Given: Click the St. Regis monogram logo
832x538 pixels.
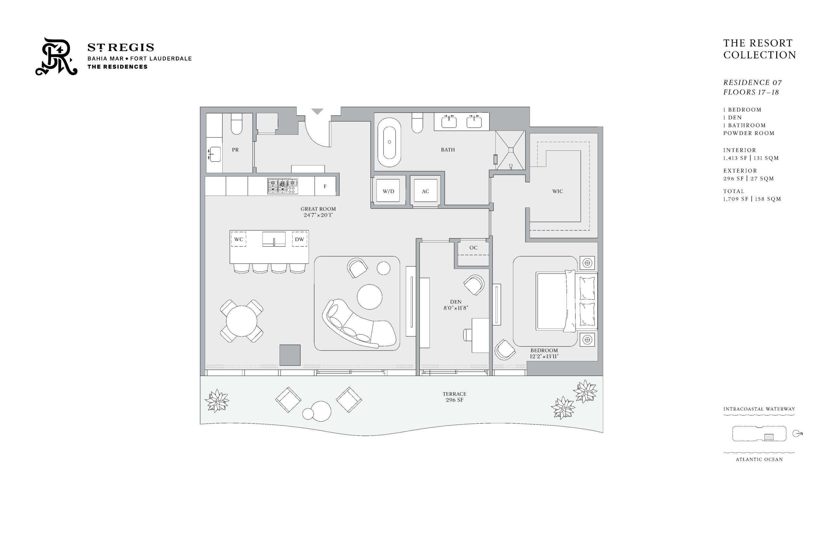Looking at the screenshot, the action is click(x=56, y=56).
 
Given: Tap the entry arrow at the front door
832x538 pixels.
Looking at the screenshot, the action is click(x=317, y=111).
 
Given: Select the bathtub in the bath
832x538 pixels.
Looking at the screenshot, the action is click(x=389, y=142).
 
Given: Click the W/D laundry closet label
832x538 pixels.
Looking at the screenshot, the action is click(x=388, y=191).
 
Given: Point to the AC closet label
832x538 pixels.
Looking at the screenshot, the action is click(x=425, y=191).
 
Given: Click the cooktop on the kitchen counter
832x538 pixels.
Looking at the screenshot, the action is click(x=283, y=186).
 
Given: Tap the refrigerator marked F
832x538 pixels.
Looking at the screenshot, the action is click(x=325, y=186).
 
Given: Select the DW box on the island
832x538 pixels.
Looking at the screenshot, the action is click(x=299, y=239).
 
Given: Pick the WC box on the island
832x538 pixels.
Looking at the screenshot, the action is click(x=239, y=239).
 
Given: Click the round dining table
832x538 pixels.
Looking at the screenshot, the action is click(x=241, y=321).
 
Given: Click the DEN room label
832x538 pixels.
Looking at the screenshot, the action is click(x=456, y=301).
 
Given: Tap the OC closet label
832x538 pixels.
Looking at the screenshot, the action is click(x=474, y=248).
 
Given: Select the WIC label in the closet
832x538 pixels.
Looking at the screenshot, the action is click(x=558, y=191).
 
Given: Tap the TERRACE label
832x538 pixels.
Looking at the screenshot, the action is click(x=454, y=394).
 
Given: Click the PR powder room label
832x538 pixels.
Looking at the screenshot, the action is click(x=235, y=149).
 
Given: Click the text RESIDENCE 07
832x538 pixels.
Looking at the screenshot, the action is click(x=752, y=83).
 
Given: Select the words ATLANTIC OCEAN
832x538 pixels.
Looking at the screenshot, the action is click(x=759, y=459).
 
